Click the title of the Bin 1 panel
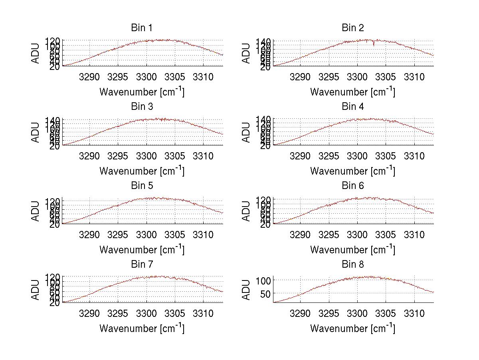point(142,28)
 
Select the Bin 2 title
point(353,28)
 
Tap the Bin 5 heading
point(142,186)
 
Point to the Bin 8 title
point(353,265)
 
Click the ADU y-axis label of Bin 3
point(36,132)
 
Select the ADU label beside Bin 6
point(247,211)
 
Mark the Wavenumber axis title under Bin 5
point(142,250)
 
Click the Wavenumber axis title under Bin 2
point(353,92)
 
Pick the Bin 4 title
point(353,107)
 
